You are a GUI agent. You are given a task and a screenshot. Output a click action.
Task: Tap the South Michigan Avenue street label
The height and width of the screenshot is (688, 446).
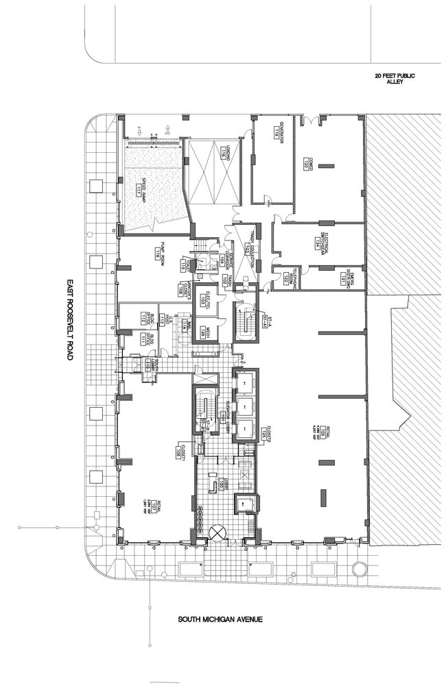pyautogui.click(x=220, y=620)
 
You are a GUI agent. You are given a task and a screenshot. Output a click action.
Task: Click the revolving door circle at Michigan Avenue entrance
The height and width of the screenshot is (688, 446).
pyautogui.click(x=218, y=532)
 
